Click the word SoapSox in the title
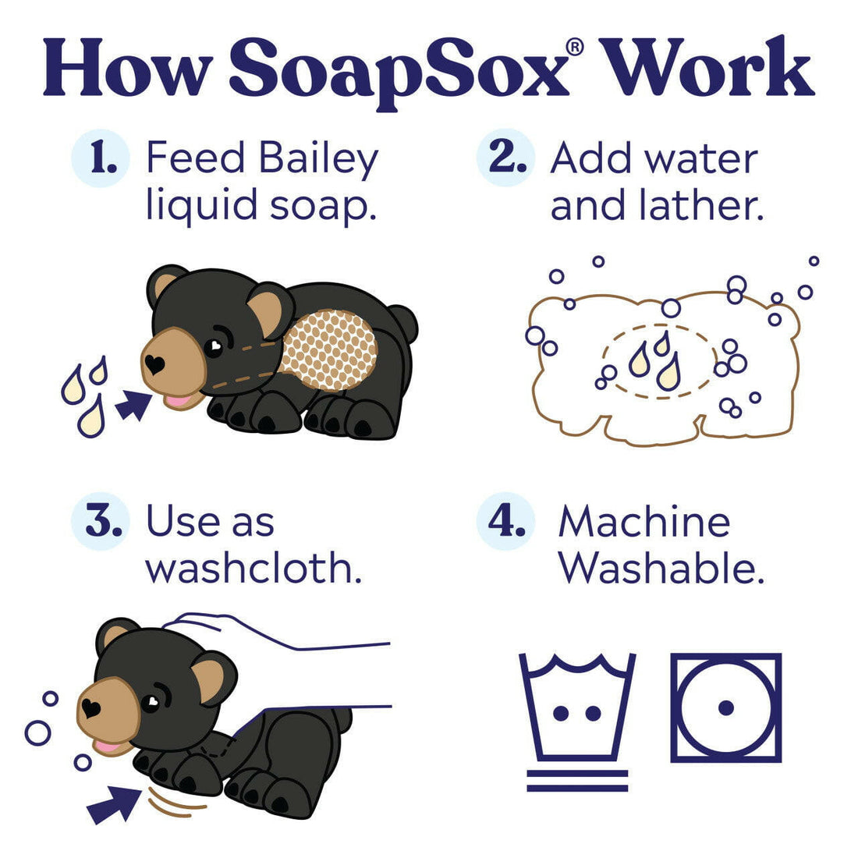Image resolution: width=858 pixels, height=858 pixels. (398, 72)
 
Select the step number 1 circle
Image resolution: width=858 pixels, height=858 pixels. (99, 158)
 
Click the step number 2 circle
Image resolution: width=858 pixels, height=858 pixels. (505, 158)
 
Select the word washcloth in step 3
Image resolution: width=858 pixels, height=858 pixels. (253, 569)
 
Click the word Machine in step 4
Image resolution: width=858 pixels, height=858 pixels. (644, 521)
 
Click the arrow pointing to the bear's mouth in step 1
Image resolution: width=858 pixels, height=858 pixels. (133, 406)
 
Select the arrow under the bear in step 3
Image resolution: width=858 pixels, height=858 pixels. (115, 804)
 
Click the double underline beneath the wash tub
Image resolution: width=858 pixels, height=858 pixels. (577, 780)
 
